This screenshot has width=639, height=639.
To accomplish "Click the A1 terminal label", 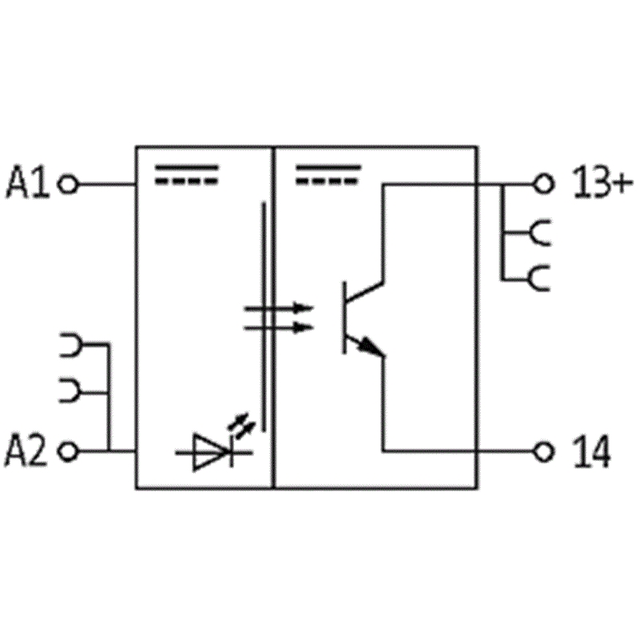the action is tap(28, 182).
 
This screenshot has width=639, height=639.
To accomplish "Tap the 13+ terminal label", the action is tap(603, 182).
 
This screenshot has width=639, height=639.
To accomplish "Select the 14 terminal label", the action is tap(592, 450).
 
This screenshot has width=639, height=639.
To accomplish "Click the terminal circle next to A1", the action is tap(68, 185).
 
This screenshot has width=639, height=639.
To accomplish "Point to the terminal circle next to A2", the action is tap(68, 451).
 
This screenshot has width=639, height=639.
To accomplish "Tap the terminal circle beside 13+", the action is tap(544, 185).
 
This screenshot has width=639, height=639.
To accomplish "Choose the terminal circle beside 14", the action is tap(544, 451).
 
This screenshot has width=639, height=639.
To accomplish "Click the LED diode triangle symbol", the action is tap(210, 452).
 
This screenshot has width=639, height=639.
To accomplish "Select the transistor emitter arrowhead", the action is tap(372, 347).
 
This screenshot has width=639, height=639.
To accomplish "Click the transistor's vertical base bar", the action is tap(344, 317).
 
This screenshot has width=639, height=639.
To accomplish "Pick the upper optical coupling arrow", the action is tap(278, 308).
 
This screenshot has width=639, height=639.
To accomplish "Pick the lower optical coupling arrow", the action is tap(278, 327).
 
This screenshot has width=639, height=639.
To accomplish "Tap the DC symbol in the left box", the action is tap(187, 174).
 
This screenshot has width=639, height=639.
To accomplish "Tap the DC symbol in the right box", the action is tap(328, 174).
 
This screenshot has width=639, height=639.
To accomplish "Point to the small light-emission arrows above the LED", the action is tap(241, 427).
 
